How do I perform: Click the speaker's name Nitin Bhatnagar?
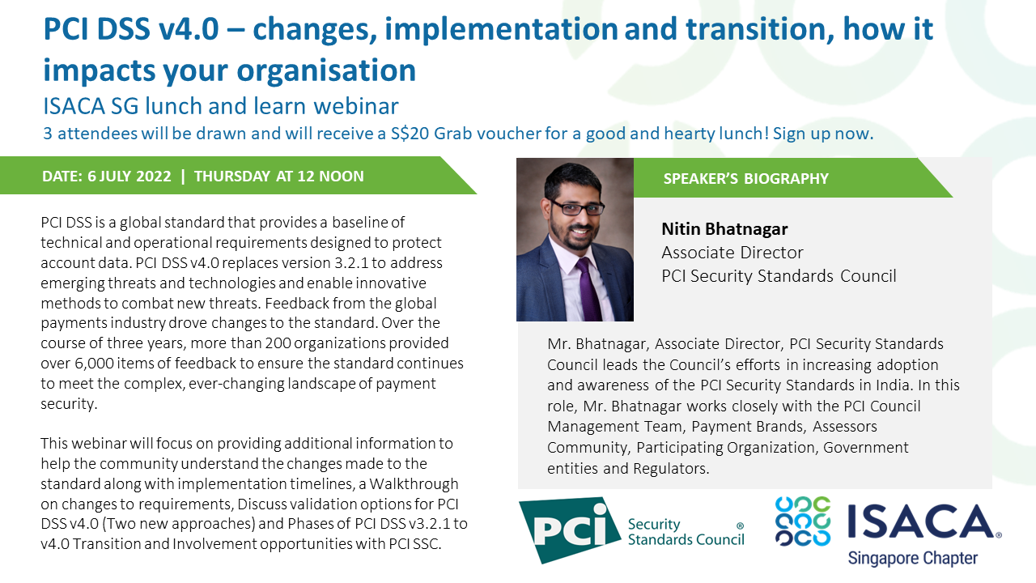click(724, 229)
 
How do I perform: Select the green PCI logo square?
click(564, 530)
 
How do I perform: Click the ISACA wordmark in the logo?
click(923, 523)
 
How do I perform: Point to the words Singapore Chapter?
click(912, 558)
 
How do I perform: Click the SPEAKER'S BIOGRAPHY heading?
click(745, 178)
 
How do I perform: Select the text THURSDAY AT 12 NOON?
click(279, 176)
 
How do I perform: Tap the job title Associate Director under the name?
click(732, 253)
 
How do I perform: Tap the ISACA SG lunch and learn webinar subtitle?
click(221, 106)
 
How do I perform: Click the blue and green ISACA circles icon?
click(803, 521)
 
